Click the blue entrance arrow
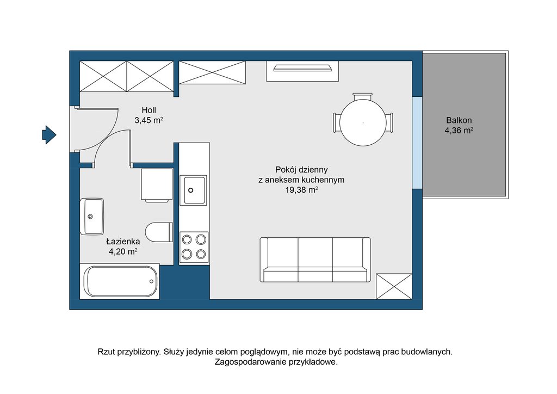49,134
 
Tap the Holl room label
149,110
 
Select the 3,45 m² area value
149,120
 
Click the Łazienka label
123,242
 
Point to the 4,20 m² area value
123,252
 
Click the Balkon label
459,120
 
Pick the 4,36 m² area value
459,131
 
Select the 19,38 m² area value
301,190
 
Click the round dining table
363,122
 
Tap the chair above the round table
363,97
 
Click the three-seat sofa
315,260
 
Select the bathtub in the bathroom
120,281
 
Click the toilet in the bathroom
159,232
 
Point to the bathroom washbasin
92,217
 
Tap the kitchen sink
193,190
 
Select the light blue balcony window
417,143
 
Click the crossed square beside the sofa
394,286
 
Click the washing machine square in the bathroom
157,184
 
